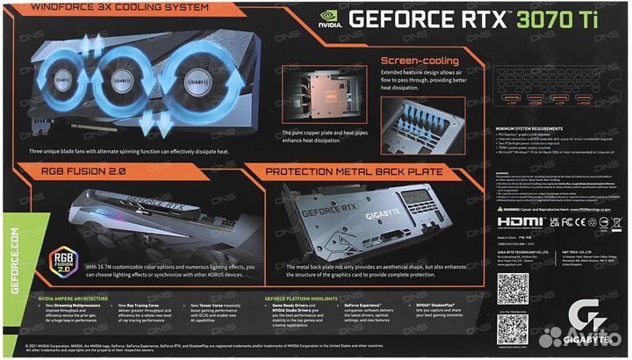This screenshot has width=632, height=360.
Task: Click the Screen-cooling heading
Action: click(418, 61)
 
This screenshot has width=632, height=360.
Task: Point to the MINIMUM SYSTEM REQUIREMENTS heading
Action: click(545, 128)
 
